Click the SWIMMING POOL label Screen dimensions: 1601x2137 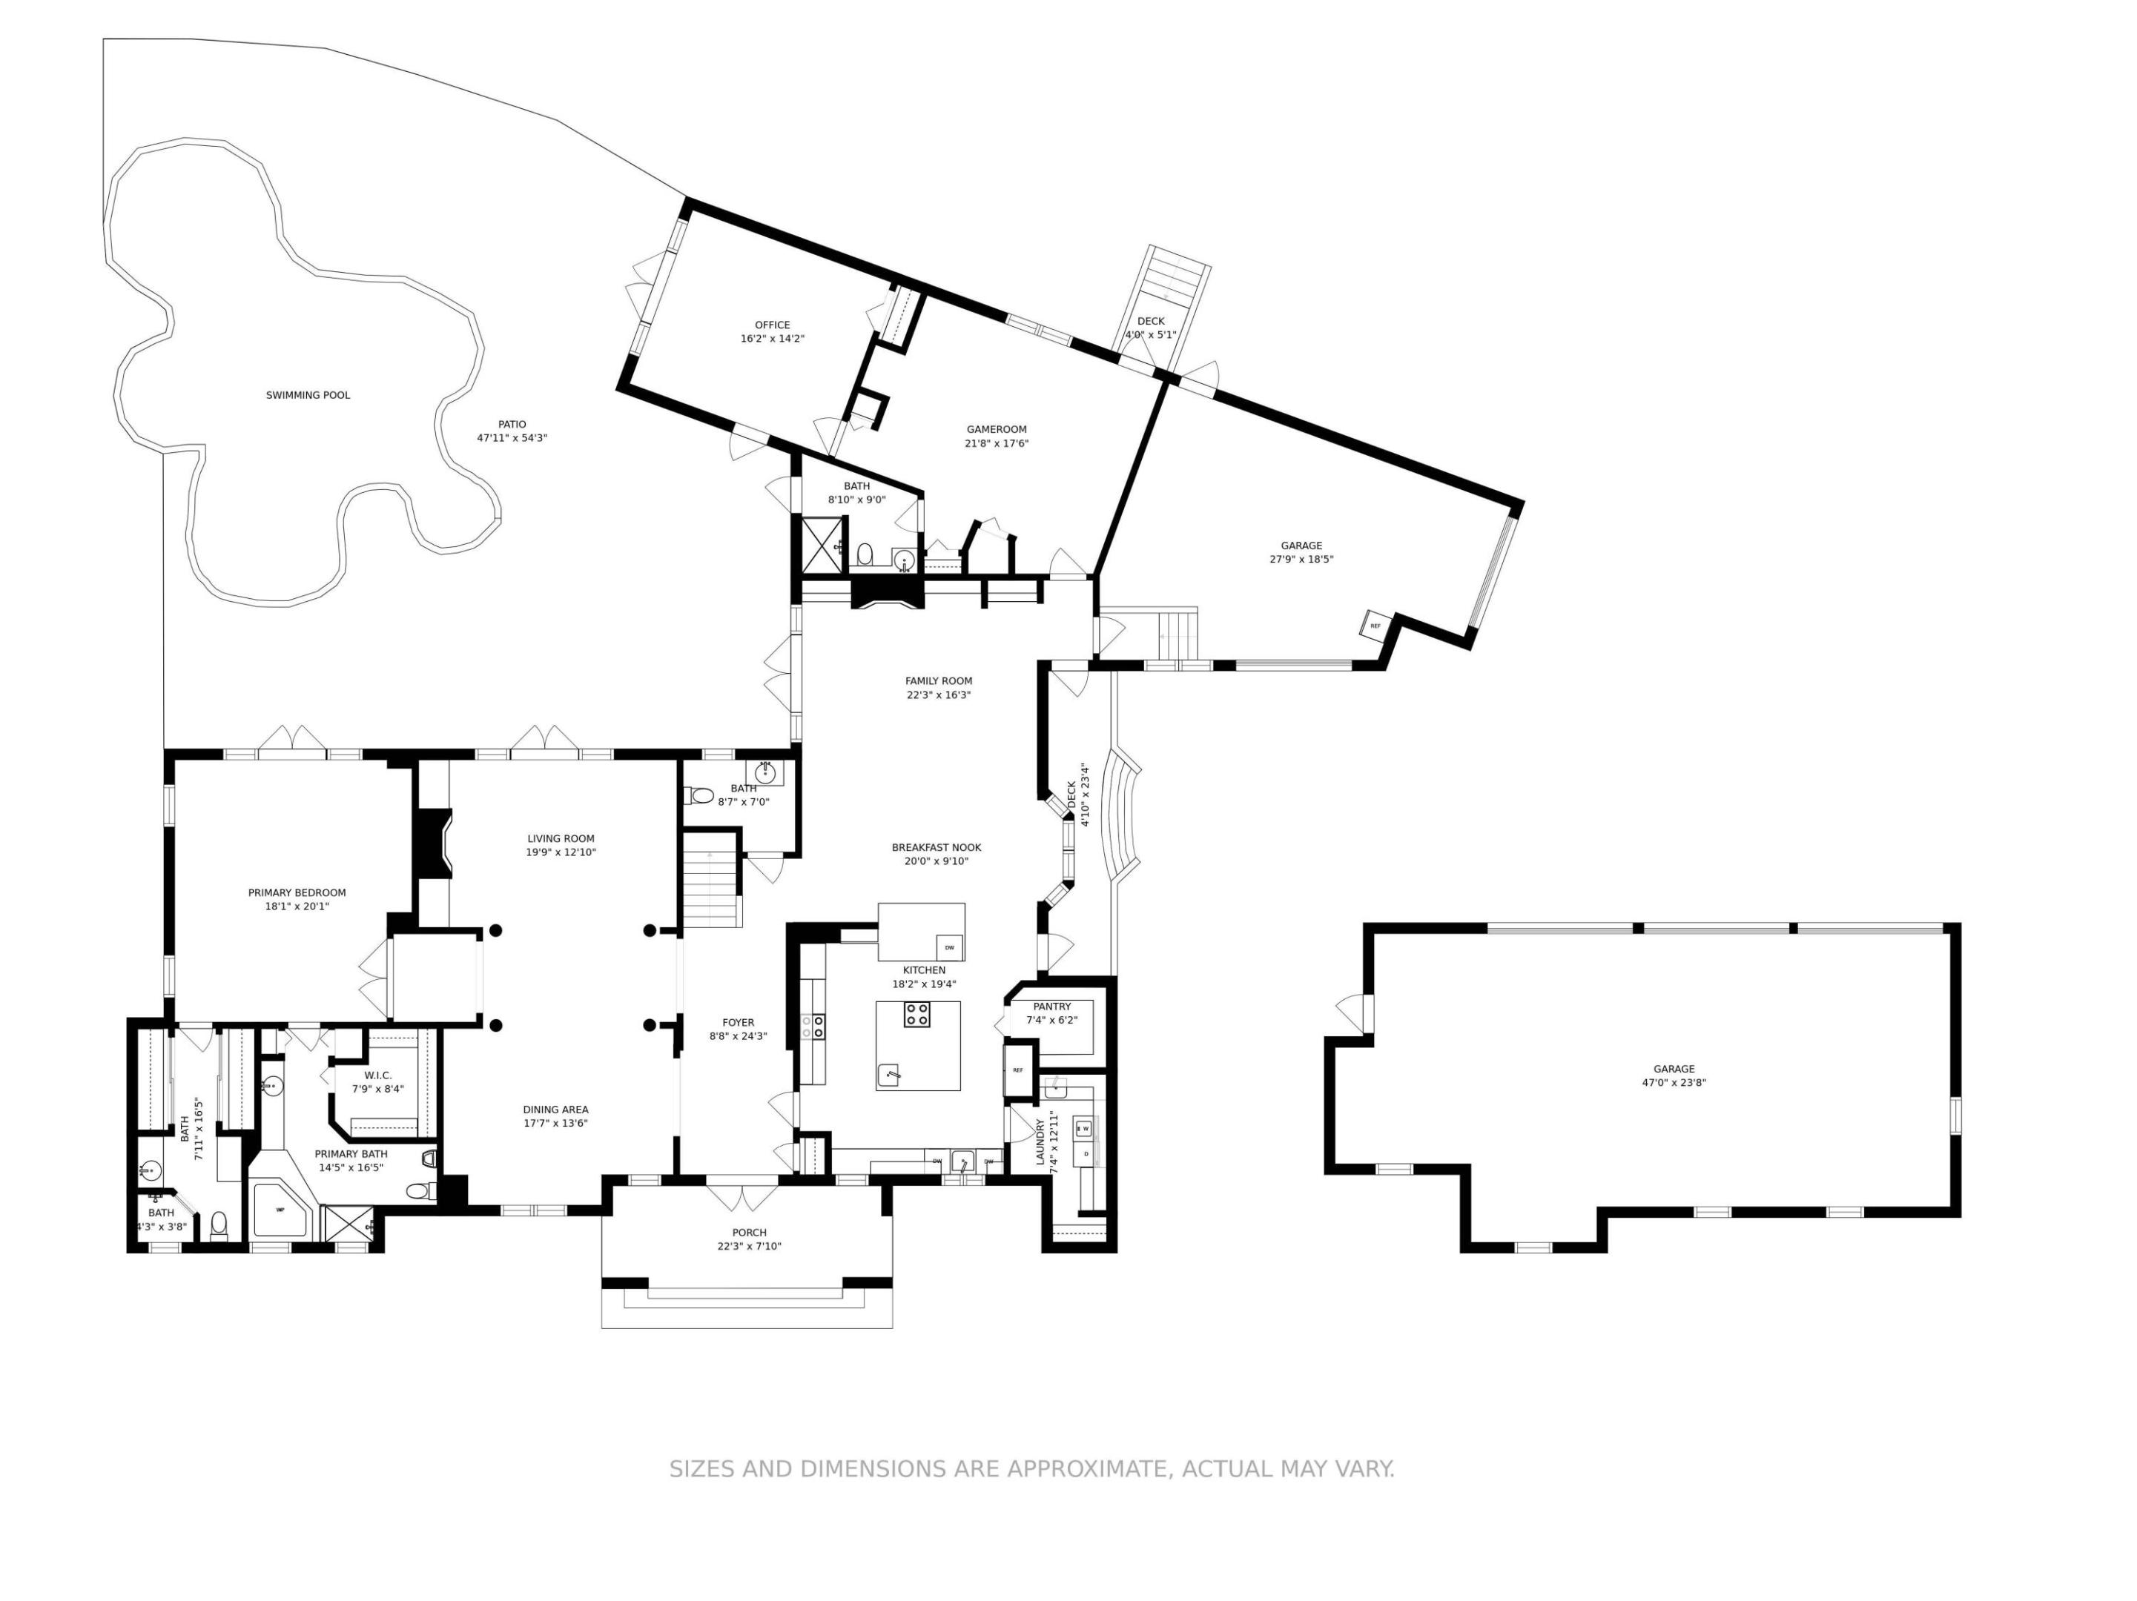307,395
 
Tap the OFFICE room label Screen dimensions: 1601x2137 772,325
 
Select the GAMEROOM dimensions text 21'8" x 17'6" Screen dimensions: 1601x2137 996,444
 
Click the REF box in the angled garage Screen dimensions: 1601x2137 1375,626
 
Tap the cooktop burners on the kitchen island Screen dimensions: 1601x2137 916,1014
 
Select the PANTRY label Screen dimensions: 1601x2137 1051,1006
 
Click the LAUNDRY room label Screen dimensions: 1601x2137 1040,1142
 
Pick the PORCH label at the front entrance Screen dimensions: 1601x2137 749,1232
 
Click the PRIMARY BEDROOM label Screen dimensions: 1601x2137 297,893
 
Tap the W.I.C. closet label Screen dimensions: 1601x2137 377,1075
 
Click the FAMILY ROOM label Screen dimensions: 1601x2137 938,680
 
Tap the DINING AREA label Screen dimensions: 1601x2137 555,1110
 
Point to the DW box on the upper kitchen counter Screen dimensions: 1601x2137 948,947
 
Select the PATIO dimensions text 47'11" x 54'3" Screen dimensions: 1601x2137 512,438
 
